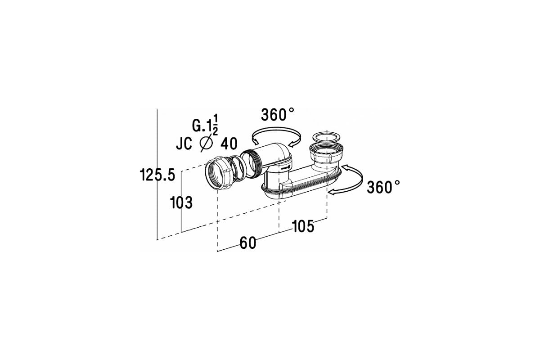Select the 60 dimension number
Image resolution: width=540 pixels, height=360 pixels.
[x=248, y=243]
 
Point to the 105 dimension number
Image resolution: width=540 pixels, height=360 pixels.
[x=303, y=226]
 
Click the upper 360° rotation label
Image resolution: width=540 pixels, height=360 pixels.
[x=278, y=114]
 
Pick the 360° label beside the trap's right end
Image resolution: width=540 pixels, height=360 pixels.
[x=383, y=187]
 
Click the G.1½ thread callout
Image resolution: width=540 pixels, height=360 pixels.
[x=205, y=125]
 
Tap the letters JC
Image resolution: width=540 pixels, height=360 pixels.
[x=184, y=144]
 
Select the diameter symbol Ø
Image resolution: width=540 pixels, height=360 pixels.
[x=207, y=143]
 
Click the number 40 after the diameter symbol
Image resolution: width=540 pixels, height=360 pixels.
[x=229, y=144]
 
